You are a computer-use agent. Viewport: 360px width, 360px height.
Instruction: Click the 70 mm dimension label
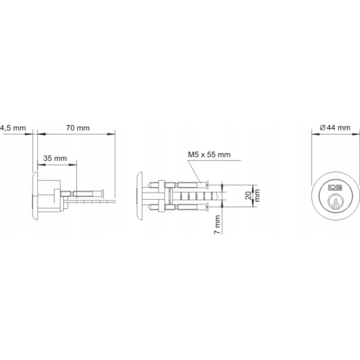(78, 128)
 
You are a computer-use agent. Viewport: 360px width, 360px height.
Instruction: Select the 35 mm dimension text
(55, 159)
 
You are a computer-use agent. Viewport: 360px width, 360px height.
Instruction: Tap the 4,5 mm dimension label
(13, 128)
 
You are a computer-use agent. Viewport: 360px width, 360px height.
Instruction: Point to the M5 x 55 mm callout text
(209, 155)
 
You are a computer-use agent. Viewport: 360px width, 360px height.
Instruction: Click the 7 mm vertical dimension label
(217, 224)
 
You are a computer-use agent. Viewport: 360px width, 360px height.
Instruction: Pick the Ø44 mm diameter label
(335, 128)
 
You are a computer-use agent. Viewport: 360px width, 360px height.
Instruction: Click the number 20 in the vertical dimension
(249, 195)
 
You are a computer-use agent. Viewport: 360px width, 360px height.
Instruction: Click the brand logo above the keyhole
(335, 187)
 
